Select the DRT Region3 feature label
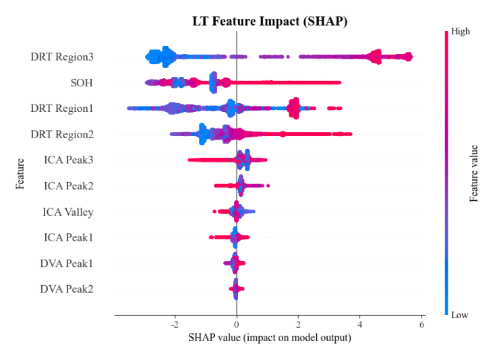coord(62,57)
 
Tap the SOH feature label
coord(82,83)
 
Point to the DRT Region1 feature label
coord(62,109)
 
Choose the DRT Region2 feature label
coord(62,135)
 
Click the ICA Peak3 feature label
coord(68,160)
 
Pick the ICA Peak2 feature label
coord(68,186)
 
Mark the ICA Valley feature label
coord(68,212)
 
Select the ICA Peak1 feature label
coord(68,237)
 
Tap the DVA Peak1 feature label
coord(67,264)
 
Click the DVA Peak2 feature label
coord(67,289)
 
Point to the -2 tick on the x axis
coord(174,324)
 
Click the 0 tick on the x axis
coord(237,324)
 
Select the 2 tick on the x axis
coord(298,324)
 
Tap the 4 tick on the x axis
coord(360,324)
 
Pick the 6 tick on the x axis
coord(421,324)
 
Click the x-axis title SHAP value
coord(269,337)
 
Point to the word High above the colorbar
coord(461,31)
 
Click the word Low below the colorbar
coord(460,315)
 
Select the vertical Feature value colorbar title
coord(474,173)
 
